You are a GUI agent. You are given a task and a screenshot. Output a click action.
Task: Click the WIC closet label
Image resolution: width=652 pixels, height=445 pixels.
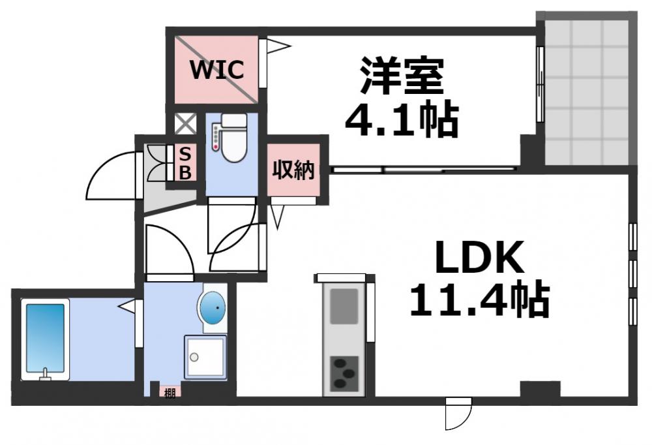point(216,69)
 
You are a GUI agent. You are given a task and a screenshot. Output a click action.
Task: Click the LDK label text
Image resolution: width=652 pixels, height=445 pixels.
point(479,258)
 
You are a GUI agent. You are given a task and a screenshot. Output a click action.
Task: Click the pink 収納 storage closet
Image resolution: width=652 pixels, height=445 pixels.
point(293,170)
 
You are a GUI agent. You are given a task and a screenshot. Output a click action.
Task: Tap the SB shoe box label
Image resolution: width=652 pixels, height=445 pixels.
point(185,164)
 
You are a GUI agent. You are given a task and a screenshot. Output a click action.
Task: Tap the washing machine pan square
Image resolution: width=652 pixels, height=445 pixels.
point(205,357)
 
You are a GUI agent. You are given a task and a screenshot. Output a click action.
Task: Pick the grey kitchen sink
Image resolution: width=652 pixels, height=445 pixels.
point(344,306)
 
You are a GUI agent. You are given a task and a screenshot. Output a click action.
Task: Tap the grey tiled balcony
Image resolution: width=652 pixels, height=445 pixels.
point(587,91)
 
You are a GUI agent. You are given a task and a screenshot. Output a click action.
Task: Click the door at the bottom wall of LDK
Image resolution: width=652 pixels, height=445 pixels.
point(458,414)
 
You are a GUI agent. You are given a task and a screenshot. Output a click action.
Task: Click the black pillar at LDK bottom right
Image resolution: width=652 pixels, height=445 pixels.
point(540,390)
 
